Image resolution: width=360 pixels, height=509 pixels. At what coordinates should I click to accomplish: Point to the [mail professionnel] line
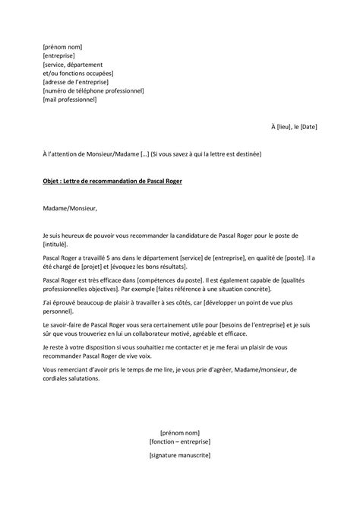tap(71, 100)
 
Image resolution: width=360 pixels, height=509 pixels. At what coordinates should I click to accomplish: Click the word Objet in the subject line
tap(53, 182)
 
